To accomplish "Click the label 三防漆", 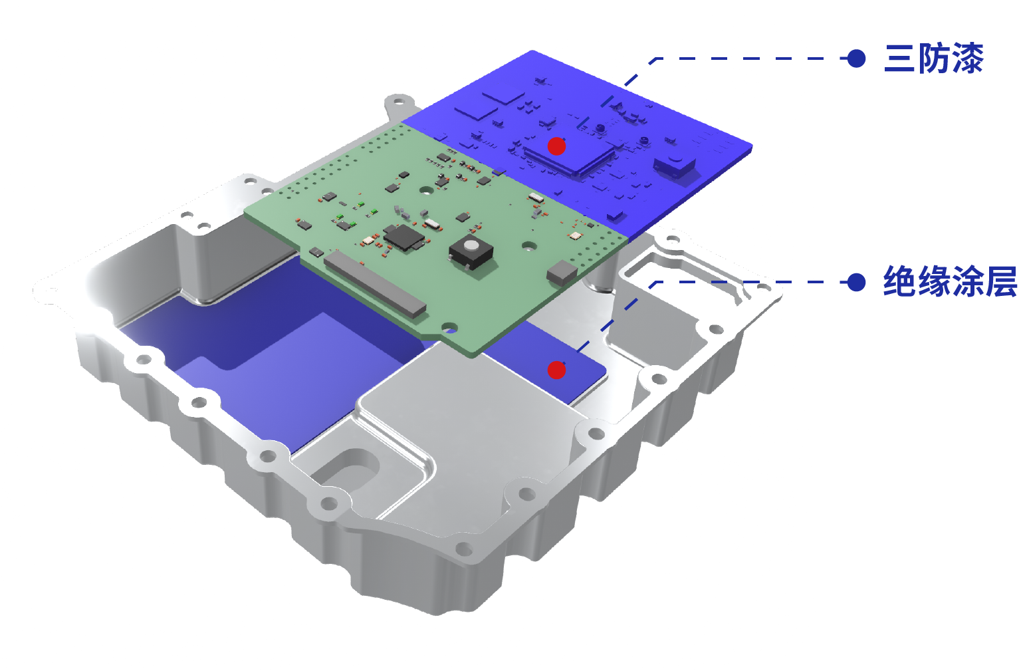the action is pos(933,59).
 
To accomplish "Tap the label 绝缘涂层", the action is pos(950,281).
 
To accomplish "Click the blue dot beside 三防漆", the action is pos(856,59).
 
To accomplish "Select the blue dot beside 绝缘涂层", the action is pos(856,282).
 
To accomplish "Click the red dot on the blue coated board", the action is pos(556,146).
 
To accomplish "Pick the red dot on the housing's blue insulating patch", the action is pos(556,370).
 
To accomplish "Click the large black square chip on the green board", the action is pos(403,237).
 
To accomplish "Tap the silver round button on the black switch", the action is pos(472,246).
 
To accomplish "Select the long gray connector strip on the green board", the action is pos(375,283).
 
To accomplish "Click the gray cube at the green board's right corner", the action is pos(562,272).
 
